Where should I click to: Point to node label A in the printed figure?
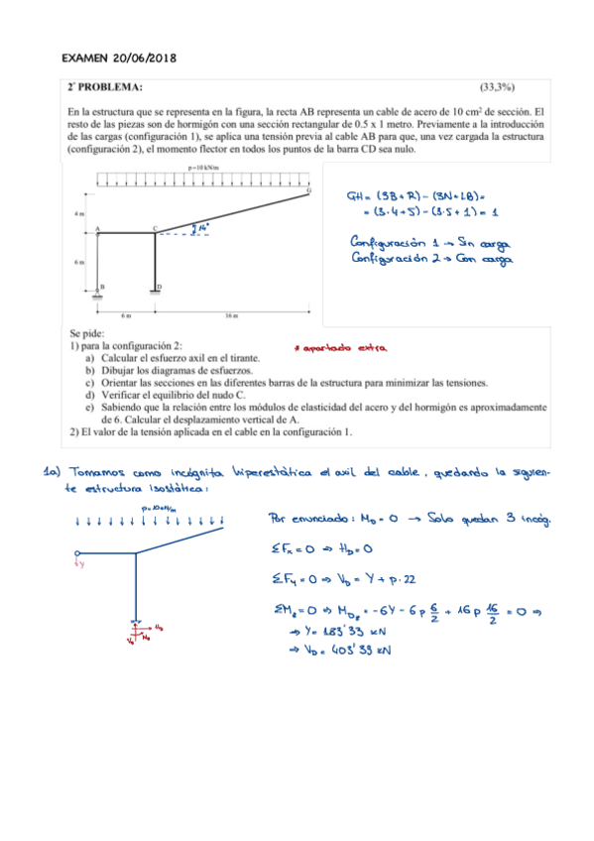pyautogui.click(x=98, y=227)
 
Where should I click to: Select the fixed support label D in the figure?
pyautogui.click(x=160, y=286)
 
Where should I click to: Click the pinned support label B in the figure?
pyautogui.click(x=103, y=286)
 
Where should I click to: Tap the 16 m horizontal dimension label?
pyautogui.click(x=230, y=315)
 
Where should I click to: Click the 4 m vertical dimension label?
pyautogui.click(x=78, y=213)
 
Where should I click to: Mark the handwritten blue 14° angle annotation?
pyautogui.click(x=204, y=227)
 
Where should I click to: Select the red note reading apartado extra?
pyautogui.click(x=340, y=347)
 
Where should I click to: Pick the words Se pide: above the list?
pyautogui.click(x=84, y=334)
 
